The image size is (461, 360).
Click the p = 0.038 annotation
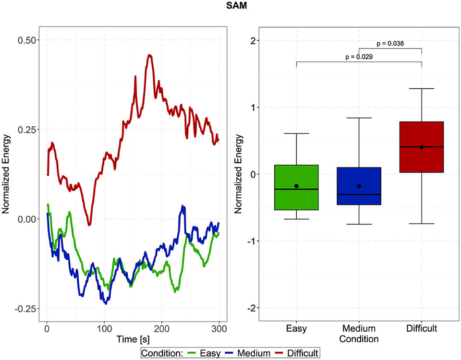(390, 44)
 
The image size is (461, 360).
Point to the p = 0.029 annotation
(359, 57)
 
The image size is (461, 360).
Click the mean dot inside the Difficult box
(421, 147)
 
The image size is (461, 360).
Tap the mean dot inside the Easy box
(296, 186)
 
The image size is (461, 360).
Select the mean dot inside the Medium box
(359, 186)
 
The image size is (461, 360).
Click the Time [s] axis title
(133, 339)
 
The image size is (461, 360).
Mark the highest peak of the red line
(150, 55)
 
